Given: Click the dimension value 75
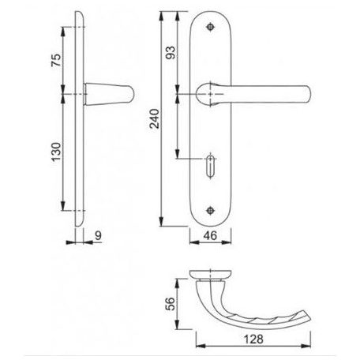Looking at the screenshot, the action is [56, 60].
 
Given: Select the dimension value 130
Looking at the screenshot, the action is [56, 152].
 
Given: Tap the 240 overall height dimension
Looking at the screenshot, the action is [155, 118].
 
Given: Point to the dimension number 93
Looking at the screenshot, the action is [171, 53].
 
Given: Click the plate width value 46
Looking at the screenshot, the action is [210, 235].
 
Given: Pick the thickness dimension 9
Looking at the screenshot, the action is [98, 235].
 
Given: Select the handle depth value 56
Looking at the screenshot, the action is [171, 304].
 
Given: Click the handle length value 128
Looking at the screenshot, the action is [253, 339].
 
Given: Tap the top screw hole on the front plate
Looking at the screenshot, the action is [210, 27].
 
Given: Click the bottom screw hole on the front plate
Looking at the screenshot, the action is [210, 210].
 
